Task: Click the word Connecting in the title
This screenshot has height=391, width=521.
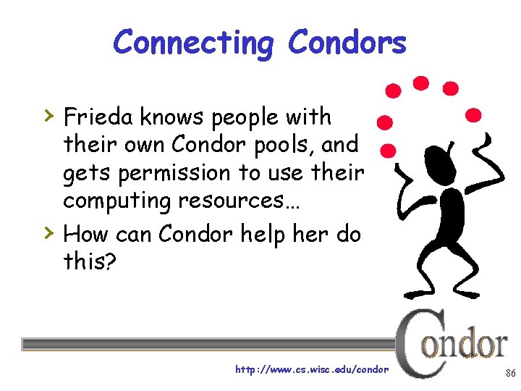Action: click(x=193, y=43)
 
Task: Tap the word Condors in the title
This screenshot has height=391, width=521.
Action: click(x=347, y=43)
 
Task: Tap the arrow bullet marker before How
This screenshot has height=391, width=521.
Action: click(x=47, y=232)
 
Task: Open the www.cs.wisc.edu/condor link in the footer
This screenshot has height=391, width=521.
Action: click(x=312, y=369)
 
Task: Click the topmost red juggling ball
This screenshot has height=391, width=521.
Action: click(x=420, y=83)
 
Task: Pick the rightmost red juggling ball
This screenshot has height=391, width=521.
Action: click(x=473, y=114)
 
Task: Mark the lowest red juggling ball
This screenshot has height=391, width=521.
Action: click(x=388, y=151)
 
